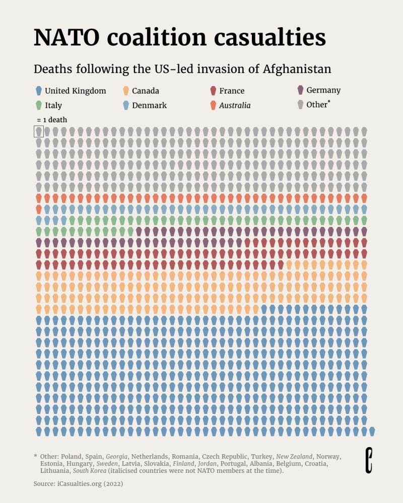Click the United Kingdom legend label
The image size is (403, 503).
click(x=76, y=91)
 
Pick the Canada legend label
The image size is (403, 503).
click(x=146, y=91)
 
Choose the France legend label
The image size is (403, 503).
click(x=232, y=91)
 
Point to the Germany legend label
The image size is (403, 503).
click(x=323, y=91)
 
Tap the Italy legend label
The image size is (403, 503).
click(x=53, y=106)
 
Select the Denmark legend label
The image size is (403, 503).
click(x=149, y=106)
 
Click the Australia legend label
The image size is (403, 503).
click(x=235, y=106)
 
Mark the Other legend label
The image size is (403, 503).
click(x=317, y=105)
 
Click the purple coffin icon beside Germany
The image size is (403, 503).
click(x=301, y=91)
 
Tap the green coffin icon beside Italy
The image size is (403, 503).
click(x=39, y=106)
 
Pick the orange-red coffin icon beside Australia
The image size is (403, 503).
click(x=213, y=106)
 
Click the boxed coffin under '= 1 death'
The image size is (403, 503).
click(x=39, y=131)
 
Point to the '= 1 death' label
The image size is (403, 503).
click(x=52, y=120)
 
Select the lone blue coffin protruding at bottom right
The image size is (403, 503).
click(x=372, y=431)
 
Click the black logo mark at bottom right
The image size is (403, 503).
click(x=369, y=460)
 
